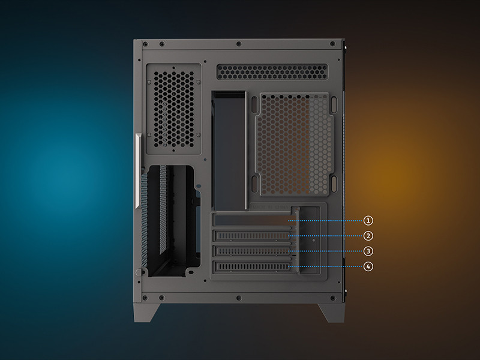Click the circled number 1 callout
368,220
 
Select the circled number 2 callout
368,236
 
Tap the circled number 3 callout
368,251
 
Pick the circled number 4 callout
368,266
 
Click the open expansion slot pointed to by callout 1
252,220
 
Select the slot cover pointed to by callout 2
253,236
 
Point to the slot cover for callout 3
253,251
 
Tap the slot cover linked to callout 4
253,266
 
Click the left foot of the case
145,312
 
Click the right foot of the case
332,312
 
